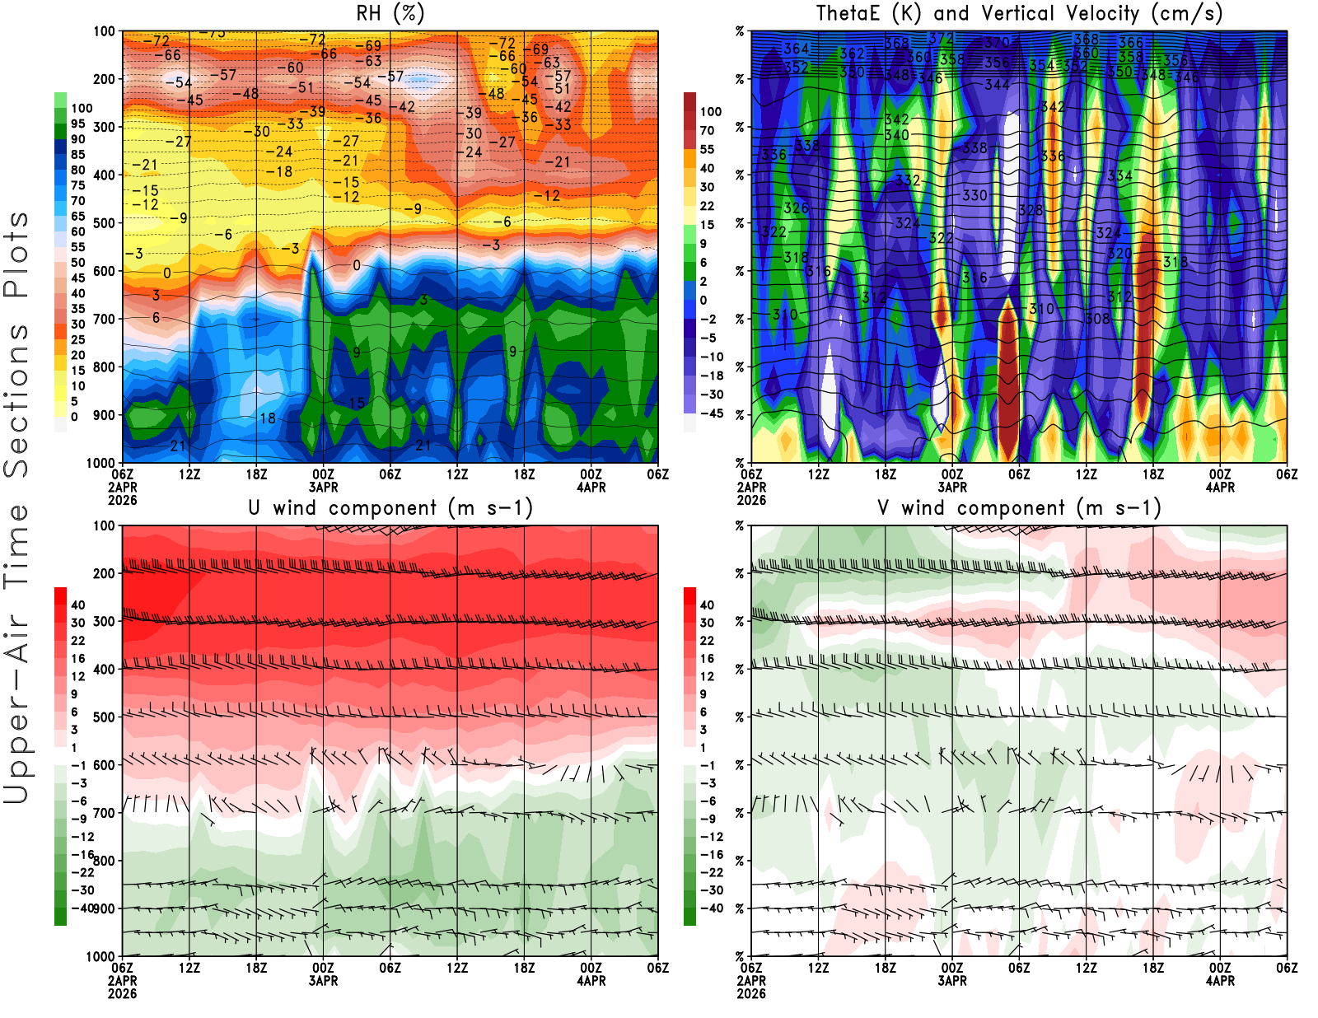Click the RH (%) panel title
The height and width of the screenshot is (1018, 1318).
coord(390,13)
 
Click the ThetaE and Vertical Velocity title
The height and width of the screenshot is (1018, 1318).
coord(1019,13)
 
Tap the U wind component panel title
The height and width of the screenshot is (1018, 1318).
coord(390,507)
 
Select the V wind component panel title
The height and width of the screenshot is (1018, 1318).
coord(1019,507)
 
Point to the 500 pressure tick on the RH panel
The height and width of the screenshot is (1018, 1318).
coord(105,222)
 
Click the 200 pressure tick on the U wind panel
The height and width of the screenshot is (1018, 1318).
coord(105,573)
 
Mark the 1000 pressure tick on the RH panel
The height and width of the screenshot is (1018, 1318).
coord(101,463)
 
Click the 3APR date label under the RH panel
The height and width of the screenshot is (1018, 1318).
coord(323,487)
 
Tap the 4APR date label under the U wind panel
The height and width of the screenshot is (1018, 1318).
coord(591,981)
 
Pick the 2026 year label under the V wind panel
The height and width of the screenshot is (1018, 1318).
coord(751,993)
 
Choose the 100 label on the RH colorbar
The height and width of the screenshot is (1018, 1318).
coord(82,108)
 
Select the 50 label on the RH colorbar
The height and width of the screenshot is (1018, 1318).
coord(77,263)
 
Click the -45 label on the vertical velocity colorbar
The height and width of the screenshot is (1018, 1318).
coord(712,413)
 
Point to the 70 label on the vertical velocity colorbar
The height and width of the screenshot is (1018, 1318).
coord(707,130)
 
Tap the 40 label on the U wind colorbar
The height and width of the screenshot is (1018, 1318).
coord(77,605)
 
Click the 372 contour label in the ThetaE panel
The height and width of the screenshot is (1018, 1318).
coord(940,39)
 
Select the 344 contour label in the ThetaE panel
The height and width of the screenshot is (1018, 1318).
coord(997,85)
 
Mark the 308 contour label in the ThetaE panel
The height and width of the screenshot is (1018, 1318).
coord(1097,318)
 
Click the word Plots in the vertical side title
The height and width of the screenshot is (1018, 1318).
coord(16,255)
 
